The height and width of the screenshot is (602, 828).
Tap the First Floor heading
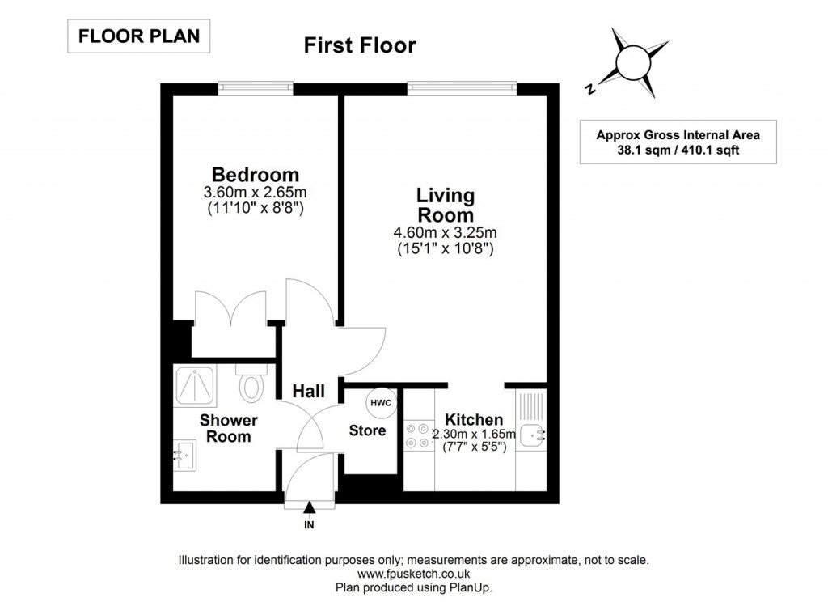pos(360,45)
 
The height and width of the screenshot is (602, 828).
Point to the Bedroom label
pos(255,175)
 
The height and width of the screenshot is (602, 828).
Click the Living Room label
pos(445,206)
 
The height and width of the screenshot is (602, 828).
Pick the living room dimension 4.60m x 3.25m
pos(445,234)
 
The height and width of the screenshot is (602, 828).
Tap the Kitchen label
pos(474,419)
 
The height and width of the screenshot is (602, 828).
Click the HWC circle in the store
pos(381,402)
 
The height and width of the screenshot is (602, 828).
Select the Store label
pos(367,430)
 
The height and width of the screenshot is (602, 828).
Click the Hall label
pos(309,392)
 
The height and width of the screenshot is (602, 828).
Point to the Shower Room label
pos(229,428)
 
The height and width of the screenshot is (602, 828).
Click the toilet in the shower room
pos(251,385)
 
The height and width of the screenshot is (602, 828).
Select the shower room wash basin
pos(184,455)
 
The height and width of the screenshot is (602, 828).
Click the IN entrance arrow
pos(309,510)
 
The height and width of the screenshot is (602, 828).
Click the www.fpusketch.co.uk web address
pos(413,574)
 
